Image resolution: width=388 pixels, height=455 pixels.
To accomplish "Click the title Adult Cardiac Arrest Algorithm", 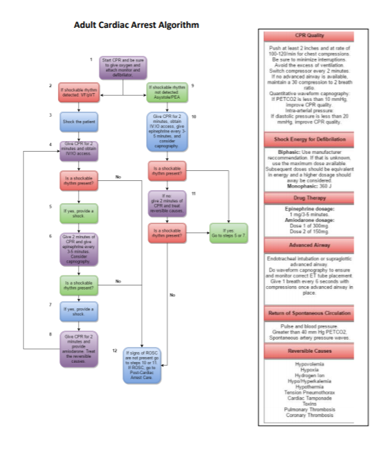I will pos(136,25).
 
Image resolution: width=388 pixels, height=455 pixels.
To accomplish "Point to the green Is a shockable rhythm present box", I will pos(79,285).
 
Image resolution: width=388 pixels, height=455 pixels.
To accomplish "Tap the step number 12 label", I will pos(115,351).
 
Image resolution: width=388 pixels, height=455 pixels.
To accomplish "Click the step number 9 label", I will pos(193,86).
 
